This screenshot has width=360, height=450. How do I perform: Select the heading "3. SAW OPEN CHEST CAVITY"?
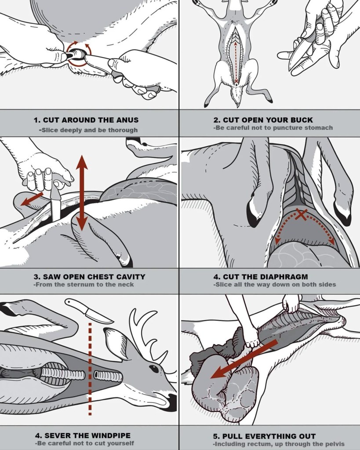click(89, 277)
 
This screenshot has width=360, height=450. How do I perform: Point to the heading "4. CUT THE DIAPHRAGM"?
click(261, 277)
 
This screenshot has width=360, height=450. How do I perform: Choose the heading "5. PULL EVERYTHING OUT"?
click(264, 436)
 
